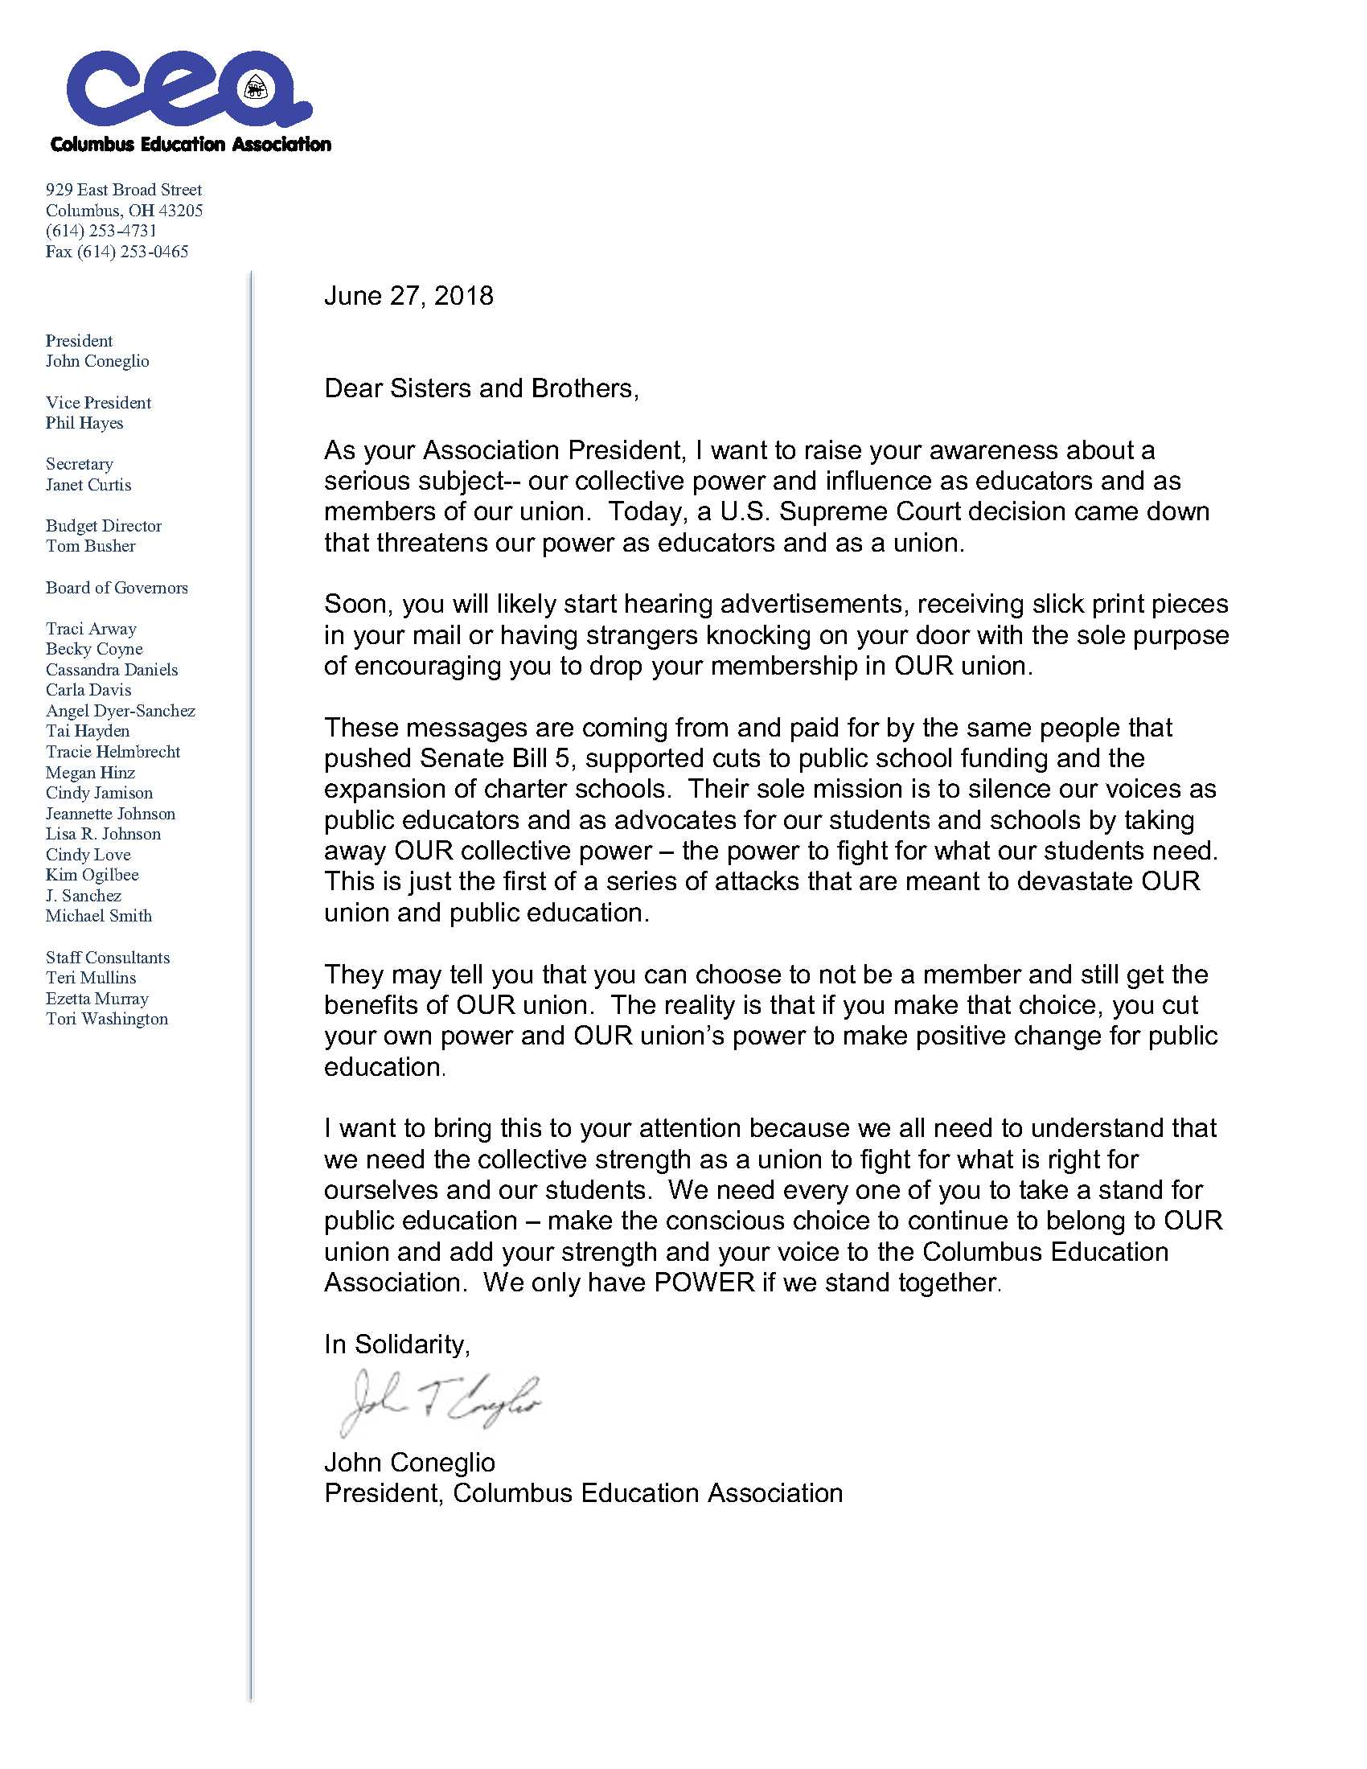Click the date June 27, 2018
click(408, 296)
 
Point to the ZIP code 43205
click(181, 211)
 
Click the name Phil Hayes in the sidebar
click(84, 423)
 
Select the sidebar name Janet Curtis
click(88, 484)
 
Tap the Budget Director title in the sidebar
click(104, 526)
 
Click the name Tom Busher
click(91, 546)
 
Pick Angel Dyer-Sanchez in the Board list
click(120, 710)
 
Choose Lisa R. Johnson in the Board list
click(103, 834)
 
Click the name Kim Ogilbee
click(92, 875)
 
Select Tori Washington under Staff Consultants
click(107, 1019)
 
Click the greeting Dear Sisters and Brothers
click(481, 388)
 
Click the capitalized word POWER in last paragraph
click(704, 1283)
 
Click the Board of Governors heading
click(117, 587)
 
